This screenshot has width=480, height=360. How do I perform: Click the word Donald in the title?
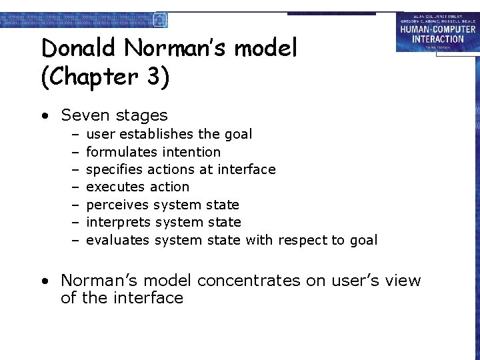(x=79, y=48)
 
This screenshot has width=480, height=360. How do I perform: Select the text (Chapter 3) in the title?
(x=105, y=77)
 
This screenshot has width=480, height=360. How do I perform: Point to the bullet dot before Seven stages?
(x=44, y=116)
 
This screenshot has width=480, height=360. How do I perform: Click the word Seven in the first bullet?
(x=83, y=115)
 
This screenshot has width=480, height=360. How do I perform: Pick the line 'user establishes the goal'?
(x=169, y=134)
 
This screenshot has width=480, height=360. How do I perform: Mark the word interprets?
(x=117, y=223)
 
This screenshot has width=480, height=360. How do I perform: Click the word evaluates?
(x=118, y=240)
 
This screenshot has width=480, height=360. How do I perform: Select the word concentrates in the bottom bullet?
(x=249, y=281)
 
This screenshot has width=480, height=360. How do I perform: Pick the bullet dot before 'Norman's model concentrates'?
(x=44, y=281)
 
